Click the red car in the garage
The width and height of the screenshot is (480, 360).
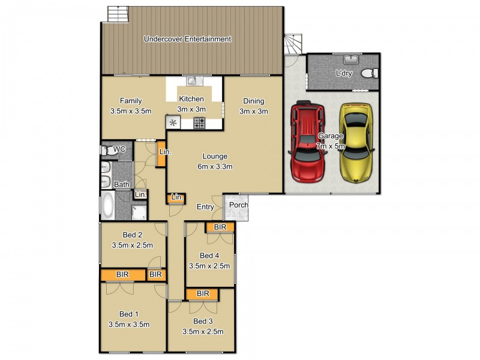307,142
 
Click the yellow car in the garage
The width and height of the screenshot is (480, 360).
356,143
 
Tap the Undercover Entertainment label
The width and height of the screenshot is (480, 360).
187,39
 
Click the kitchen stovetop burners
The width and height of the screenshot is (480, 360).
199,123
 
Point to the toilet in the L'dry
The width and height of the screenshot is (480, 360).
370,73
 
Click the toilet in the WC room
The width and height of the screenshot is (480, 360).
108,151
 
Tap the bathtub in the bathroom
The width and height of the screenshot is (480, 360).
107,205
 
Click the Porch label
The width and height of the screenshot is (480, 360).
238,205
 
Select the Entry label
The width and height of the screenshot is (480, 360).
205,207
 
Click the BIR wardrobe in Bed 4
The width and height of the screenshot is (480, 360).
220,227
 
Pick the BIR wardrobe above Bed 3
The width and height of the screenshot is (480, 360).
203,294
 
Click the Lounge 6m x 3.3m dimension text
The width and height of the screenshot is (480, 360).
215,167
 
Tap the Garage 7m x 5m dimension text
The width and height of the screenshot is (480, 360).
331,146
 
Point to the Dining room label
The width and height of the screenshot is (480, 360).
253,101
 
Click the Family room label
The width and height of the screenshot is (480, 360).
131,101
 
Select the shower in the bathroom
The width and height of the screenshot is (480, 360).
139,212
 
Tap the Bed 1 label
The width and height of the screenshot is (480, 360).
129,314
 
